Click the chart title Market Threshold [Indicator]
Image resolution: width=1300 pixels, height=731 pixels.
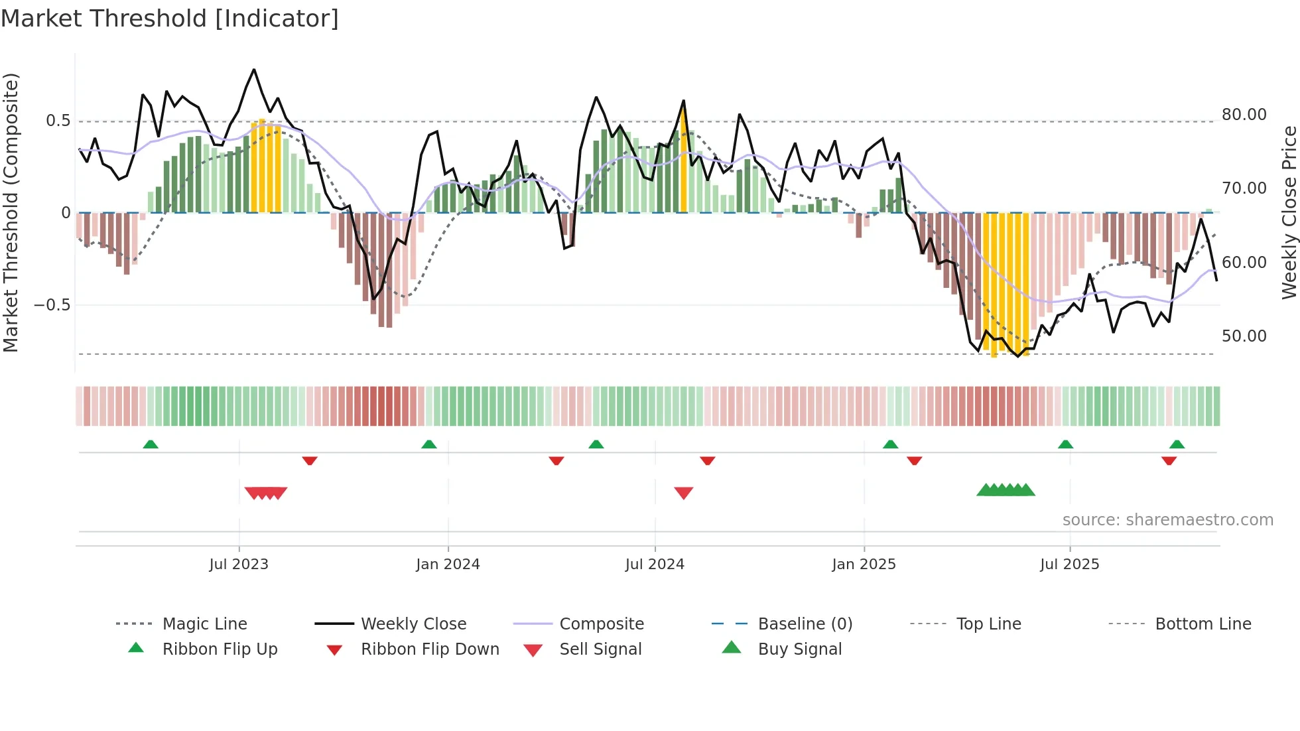pyautogui.click(x=170, y=19)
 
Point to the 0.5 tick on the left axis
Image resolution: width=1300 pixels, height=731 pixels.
pyautogui.click(x=58, y=121)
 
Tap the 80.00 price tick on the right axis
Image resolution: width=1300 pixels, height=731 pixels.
pyautogui.click(x=1244, y=115)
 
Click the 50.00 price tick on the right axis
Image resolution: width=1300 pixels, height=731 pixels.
pyautogui.click(x=1244, y=336)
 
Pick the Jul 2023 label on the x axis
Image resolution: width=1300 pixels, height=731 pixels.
pyautogui.click(x=239, y=565)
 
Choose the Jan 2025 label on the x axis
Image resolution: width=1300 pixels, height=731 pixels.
pyautogui.click(x=864, y=565)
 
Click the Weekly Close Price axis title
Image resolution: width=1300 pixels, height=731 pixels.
pyautogui.click(x=1289, y=212)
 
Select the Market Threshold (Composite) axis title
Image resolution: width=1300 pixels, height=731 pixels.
pyautogui.click(x=11, y=212)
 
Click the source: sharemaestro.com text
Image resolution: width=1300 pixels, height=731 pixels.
pyautogui.click(x=1167, y=520)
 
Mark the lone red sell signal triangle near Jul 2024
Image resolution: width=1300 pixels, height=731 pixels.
pyautogui.click(x=684, y=493)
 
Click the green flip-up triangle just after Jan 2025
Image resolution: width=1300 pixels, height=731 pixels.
pyautogui.click(x=891, y=444)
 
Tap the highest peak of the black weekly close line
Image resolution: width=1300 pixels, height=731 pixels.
pyautogui.click(x=254, y=70)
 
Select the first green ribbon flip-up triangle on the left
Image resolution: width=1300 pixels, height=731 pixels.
pyautogui.click(x=151, y=444)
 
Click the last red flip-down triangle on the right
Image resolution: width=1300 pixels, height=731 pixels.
pyautogui.click(x=1169, y=461)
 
